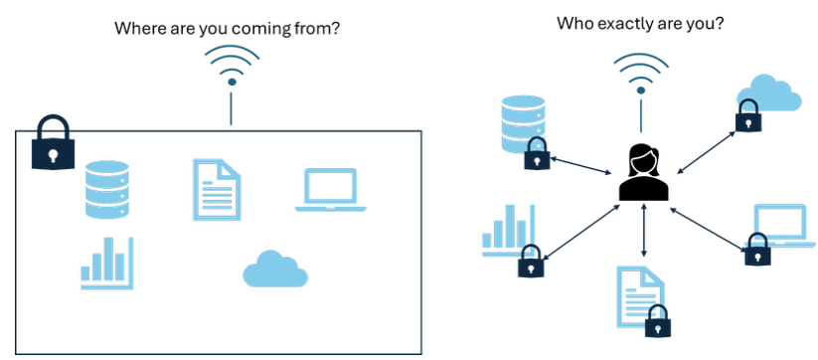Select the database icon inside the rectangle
[x=107, y=189]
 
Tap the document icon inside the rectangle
[x=217, y=189]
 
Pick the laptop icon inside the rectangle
[x=331, y=190]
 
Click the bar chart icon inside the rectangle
[x=107, y=263]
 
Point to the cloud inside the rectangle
[x=275, y=270]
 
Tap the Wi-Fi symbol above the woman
[x=641, y=73]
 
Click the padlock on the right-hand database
[x=538, y=153]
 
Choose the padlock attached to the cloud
[x=748, y=115]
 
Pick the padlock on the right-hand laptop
[x=757, y=249]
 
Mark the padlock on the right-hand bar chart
[x=531, y=261]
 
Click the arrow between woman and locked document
[x=644, y=230]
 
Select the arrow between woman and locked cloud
[x=707, y=152]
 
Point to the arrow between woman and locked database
[x=581, y=165]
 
